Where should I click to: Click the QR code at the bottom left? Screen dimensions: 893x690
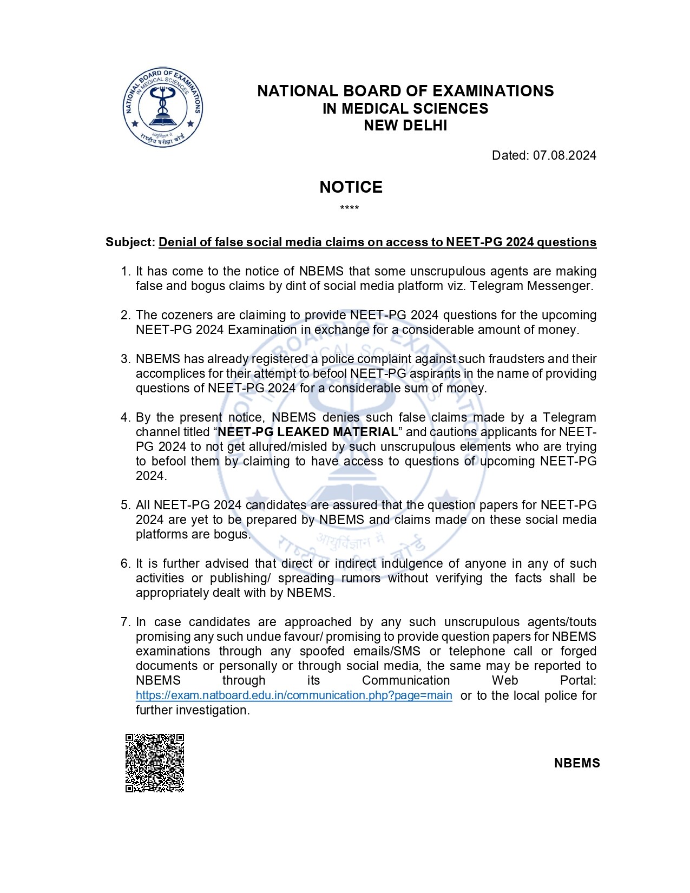tap(155, 763)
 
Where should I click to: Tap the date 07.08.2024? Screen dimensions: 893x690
tap(564, 155)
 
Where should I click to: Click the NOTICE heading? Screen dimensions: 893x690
tap(351, 187)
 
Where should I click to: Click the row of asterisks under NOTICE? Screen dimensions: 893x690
tap(350, 208)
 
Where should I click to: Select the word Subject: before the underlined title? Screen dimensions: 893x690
tap(130, 242)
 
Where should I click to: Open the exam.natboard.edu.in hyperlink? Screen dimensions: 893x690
tap(294, 695)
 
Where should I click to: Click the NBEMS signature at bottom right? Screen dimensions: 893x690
tap(577, 763)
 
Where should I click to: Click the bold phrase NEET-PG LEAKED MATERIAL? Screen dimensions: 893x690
tap(307, 432)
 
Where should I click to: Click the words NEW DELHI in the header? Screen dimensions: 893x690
tap(405, 126)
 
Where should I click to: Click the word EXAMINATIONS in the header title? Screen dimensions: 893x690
tap(492, 91)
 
